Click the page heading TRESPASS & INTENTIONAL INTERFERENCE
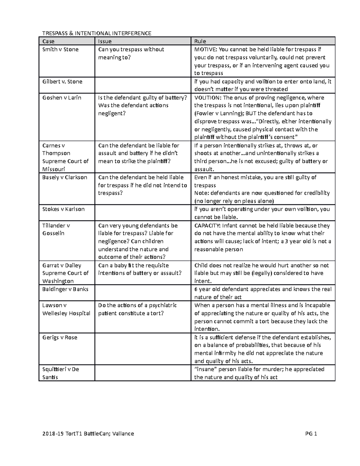click(97, 33)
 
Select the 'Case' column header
click(48, 41)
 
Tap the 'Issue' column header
click(105, 41)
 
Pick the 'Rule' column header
click(200, 41)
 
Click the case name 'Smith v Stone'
click(60, 50)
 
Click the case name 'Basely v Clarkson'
click(64, 177)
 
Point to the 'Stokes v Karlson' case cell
click(63, 209)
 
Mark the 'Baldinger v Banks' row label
click(65, 289)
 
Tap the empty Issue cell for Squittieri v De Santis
click(143, 373)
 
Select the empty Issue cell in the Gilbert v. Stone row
click(143, 85)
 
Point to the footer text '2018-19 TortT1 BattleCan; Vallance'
click(88, 434)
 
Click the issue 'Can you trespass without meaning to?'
click(131, 53)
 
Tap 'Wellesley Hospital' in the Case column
click(66, 313)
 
